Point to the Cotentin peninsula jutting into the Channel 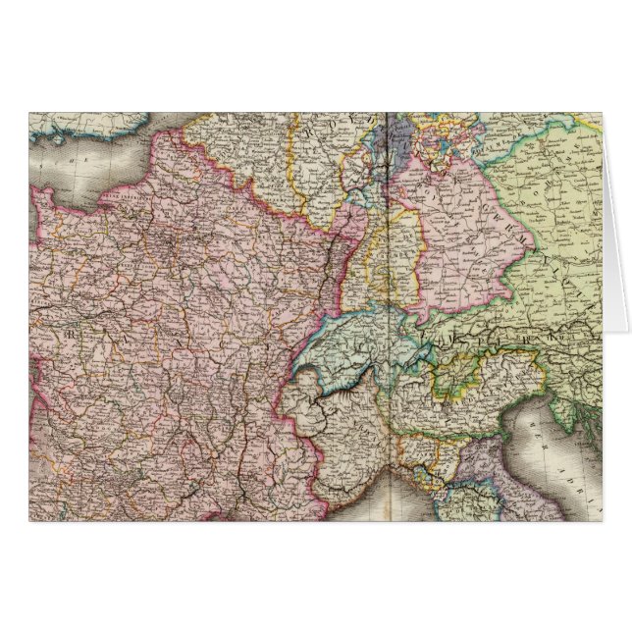coord(44,196)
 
